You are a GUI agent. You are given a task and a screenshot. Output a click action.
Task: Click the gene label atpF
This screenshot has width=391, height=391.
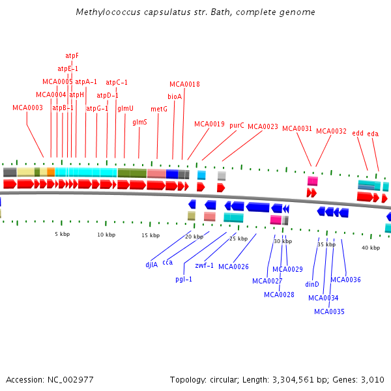pos(72,55)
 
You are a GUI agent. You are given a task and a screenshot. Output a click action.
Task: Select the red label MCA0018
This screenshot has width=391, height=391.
pos(184,84)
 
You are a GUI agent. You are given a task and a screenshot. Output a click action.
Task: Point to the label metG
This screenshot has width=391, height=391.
pos(159,109)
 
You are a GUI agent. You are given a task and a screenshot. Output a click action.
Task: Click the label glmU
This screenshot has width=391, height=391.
pos(125,108)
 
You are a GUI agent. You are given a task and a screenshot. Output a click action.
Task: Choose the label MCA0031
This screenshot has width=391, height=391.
pos(297,128)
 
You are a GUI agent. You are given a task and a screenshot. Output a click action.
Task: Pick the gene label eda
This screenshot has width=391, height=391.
pos(373,134)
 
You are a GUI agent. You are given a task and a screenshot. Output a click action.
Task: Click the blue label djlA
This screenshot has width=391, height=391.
pos(151,265)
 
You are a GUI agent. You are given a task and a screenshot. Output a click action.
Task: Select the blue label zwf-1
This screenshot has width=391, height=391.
pos(205,265)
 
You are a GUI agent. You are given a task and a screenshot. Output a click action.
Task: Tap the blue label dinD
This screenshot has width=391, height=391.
pos(312,284)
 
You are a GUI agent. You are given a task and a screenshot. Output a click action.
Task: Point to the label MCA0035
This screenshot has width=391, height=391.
pos(329,311)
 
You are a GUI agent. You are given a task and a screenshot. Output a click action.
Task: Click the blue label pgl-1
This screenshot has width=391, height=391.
pos(184,279)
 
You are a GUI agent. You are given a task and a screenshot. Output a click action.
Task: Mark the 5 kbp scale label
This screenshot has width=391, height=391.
pos(62,234)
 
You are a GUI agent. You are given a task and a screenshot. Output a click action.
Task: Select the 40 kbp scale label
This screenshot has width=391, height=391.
pos(370,248)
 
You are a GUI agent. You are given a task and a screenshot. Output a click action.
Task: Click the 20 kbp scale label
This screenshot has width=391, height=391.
pos(194,237)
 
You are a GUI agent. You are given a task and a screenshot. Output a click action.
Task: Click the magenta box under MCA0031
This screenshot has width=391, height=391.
pos(313,181)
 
